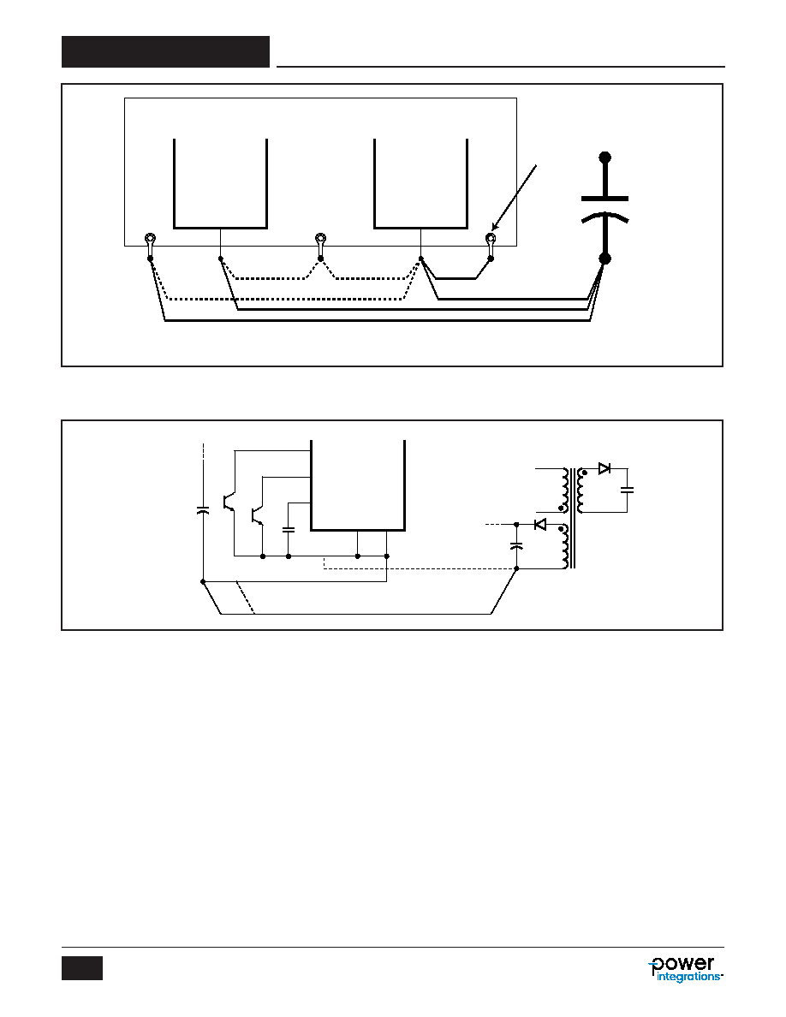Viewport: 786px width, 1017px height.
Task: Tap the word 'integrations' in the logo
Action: [688, 976]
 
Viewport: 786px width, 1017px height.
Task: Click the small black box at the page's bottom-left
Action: [82, 967]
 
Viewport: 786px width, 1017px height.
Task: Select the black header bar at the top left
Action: [165, 52]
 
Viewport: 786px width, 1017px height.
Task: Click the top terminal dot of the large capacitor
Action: [605, 157]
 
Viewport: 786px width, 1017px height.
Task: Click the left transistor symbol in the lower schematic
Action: [229, 502]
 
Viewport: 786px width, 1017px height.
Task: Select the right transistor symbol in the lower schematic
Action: [257, 513]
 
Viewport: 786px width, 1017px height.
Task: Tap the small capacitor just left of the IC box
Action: [289, 529]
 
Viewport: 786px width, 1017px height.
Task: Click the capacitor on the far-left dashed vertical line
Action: [203, 510]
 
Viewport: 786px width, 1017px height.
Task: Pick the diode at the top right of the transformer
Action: [604, 467]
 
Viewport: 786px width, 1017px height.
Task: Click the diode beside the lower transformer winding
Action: [539, 524]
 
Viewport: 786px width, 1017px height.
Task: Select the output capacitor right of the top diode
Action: [627, 490]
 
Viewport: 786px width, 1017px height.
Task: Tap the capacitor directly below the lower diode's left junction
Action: [516, 545]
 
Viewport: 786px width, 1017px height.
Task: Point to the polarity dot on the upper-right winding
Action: [584, 473]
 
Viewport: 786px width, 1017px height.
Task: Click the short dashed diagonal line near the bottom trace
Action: [245, 598]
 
